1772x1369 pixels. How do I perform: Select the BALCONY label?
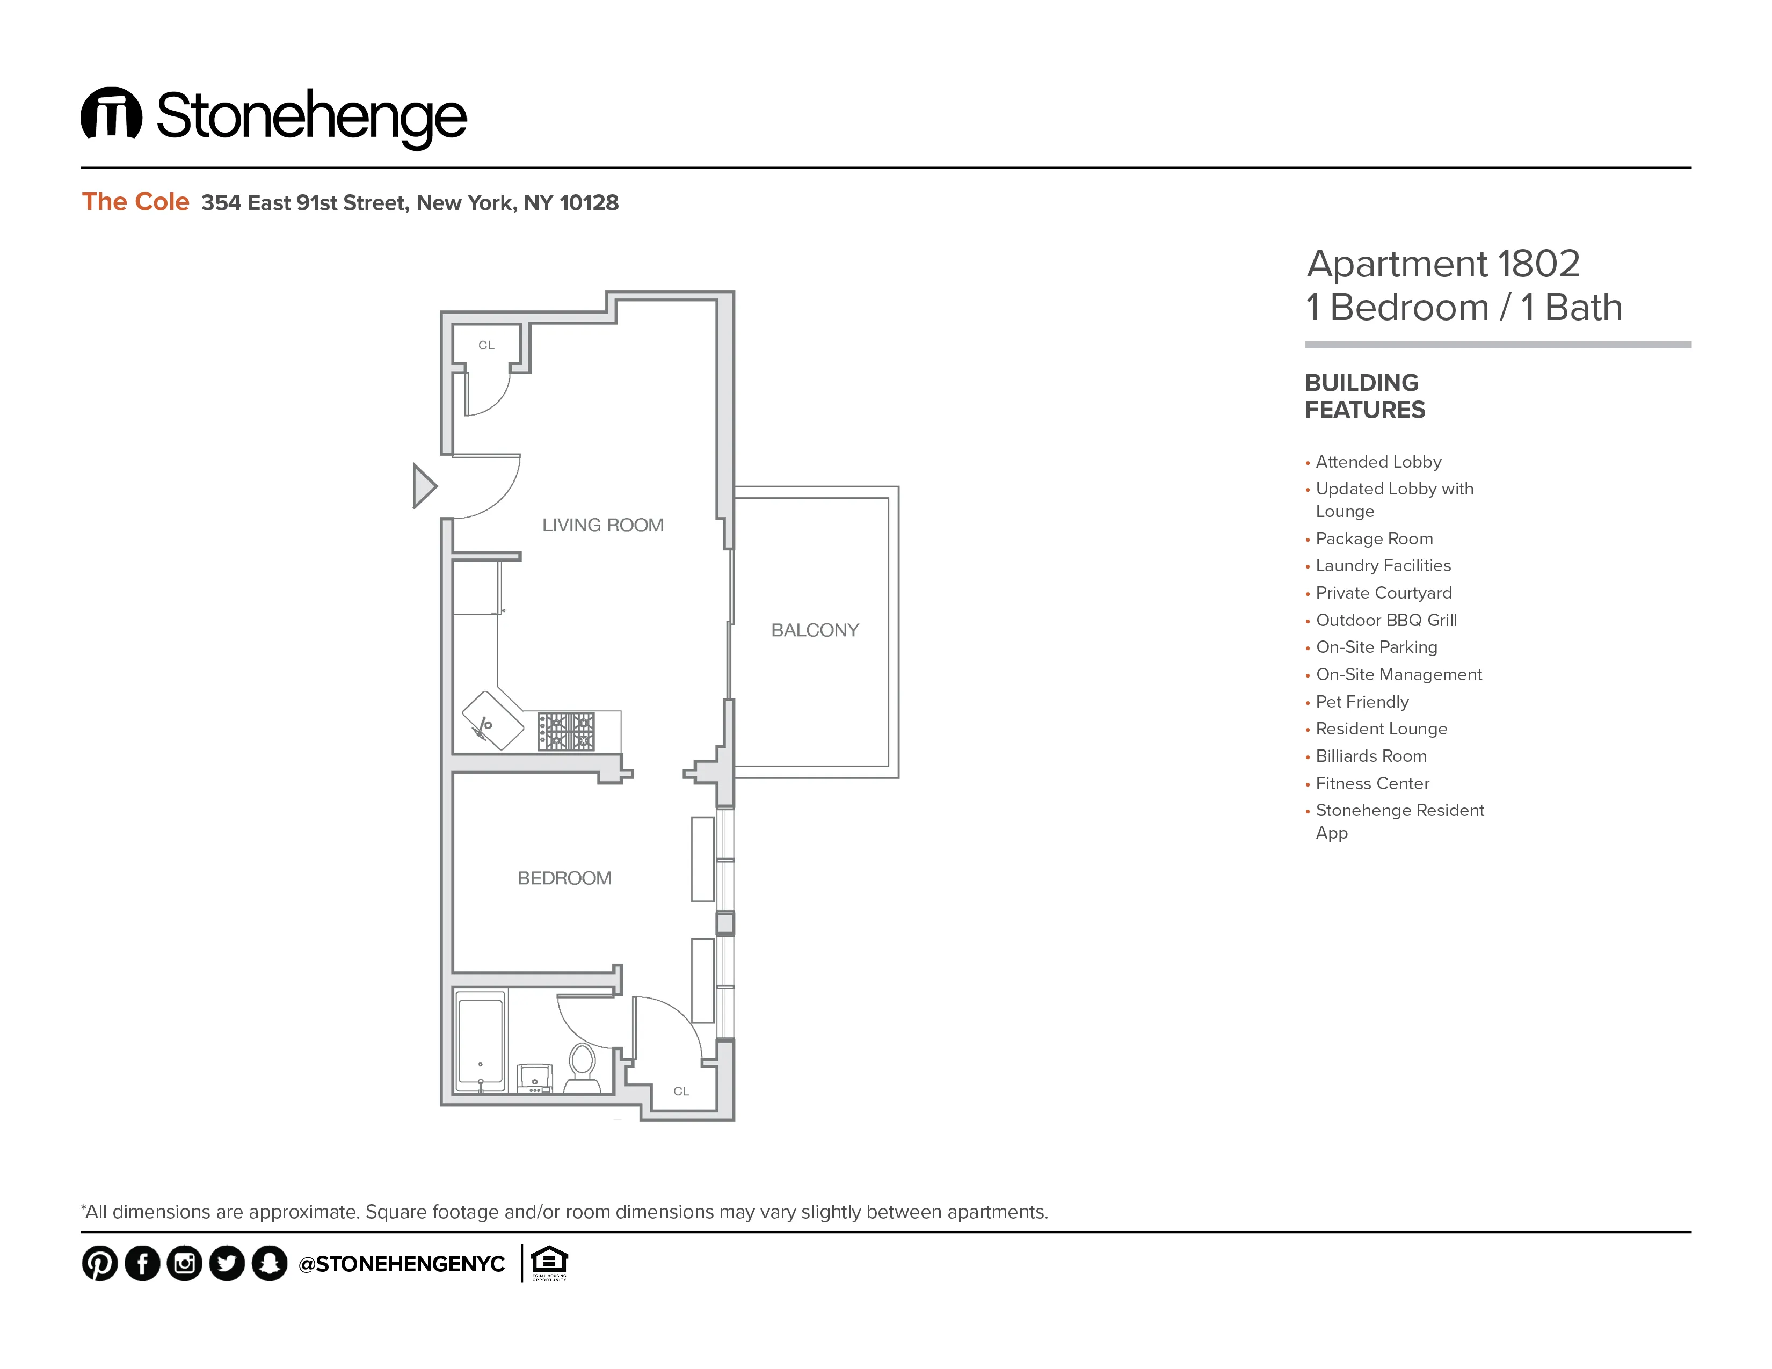(x=815, y=630)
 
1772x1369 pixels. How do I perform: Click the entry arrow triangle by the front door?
(x=424, y=486)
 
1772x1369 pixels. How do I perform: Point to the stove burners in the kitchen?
(x=567, y=732)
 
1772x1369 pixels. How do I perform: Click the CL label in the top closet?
(x=486, y=346)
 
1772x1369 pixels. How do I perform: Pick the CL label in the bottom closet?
(x=681, y=1091)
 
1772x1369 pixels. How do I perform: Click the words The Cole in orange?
(x=135, y=202)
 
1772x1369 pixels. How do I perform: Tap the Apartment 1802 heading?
(x=1443, y=264)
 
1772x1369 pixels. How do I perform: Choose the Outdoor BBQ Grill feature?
(x=1386, y=621)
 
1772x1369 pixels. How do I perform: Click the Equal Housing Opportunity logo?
(x=549, y=1263)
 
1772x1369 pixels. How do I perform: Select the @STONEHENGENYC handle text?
(x=402, y=1264)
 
